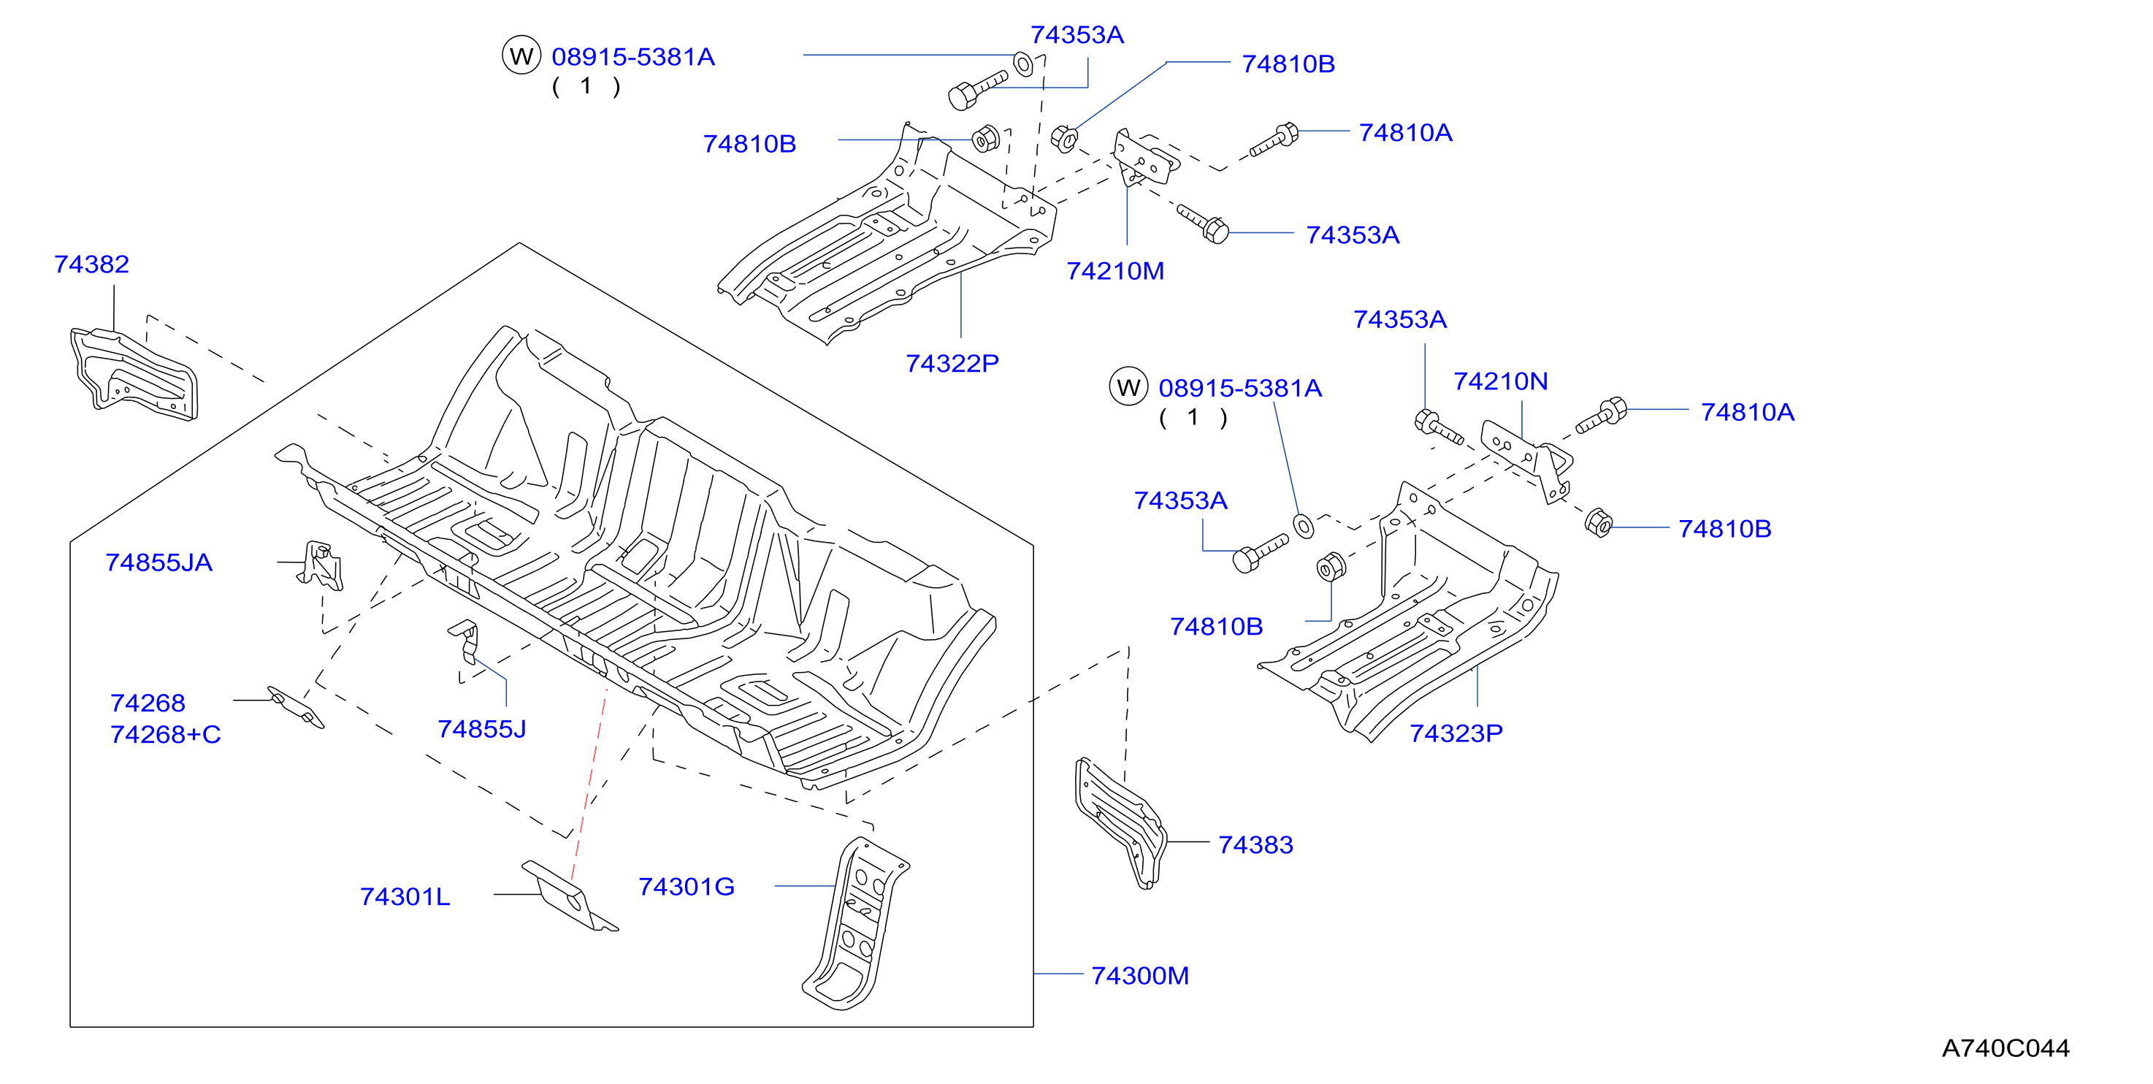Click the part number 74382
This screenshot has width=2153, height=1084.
pos(92,264)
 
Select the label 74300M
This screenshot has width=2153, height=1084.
pos(1140,975)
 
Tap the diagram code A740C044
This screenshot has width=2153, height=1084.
pos(2005,1048)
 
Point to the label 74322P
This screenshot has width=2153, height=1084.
pos(952,364)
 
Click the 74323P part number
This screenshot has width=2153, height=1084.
pos(1456,733)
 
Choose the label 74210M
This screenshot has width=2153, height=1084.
pos(1115,271)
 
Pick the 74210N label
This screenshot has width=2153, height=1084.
pos(1500,381)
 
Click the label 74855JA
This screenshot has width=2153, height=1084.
pos(158,562)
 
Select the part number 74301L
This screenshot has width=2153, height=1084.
pos(405,897)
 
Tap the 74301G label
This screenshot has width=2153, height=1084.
pos(687,887)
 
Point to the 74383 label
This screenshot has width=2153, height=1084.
pos(1255,845)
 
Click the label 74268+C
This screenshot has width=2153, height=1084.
pos(166,735)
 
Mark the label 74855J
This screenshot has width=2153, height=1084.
pos(481,730)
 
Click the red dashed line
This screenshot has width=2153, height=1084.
pos(589,784)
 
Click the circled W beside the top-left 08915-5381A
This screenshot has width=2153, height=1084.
pos(521,56)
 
